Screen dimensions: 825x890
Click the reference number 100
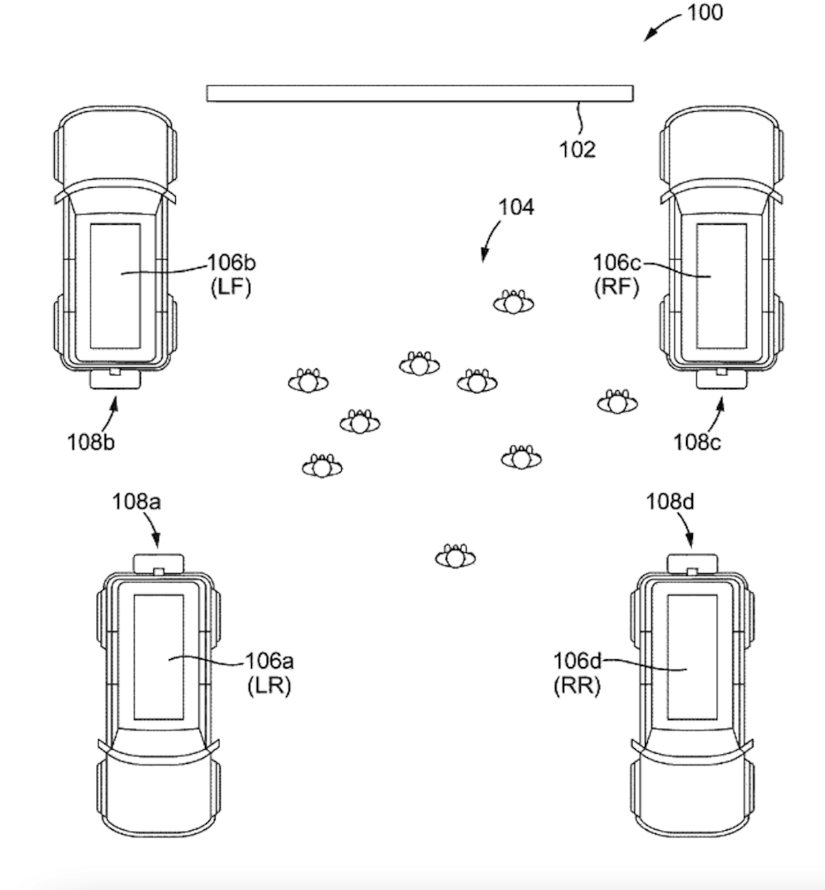coord(705,13)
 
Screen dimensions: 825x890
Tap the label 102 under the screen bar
coord(578,149)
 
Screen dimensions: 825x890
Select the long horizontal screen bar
coord(420,93)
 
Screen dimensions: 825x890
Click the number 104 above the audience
coord(516,208)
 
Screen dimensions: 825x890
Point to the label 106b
coord(232,263)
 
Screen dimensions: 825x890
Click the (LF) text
coord(231,287)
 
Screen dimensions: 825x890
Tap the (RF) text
coord(616,287)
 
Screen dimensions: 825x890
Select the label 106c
coord(617,263)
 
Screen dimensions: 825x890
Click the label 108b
coord(91,443)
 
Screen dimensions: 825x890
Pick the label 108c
coord(697,443)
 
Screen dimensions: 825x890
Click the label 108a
coord(137,502)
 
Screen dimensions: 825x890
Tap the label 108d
coord(670,502)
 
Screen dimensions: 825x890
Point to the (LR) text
coord(269,686)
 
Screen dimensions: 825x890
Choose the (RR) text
coord(577,686)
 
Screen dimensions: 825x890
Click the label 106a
coord(270,661)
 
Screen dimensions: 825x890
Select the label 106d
coord(578,661)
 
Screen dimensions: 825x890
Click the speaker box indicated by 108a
coord(159,563)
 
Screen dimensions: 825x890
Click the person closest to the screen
coord(514,302)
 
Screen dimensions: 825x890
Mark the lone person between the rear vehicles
coord(455,557)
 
